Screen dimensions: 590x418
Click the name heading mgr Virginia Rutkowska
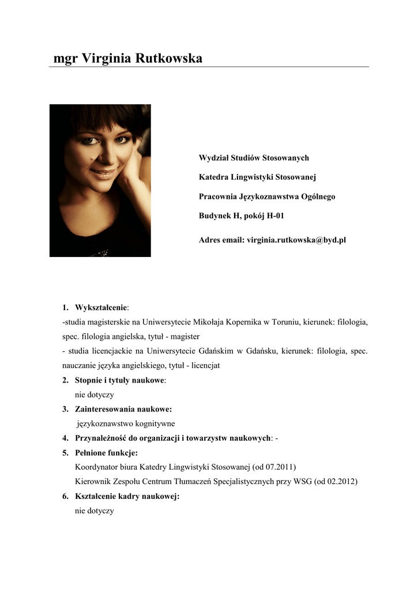[x=127, y=58]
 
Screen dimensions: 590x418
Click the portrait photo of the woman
[x=100, y=180]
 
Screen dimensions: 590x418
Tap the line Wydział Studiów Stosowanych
[x=254, y=158]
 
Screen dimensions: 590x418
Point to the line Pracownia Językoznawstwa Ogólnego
[x=266, y=196]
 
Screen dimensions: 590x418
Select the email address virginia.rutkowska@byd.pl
[x=296, y=240]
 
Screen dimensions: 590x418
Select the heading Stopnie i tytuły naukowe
[x=120, y=380]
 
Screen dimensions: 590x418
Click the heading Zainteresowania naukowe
[x=123, y=409]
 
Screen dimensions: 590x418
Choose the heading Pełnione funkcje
[x=106, y=453]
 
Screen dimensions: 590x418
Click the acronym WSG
[x=303, y=482]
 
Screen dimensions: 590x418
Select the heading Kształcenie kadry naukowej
[x=127, y=496]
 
